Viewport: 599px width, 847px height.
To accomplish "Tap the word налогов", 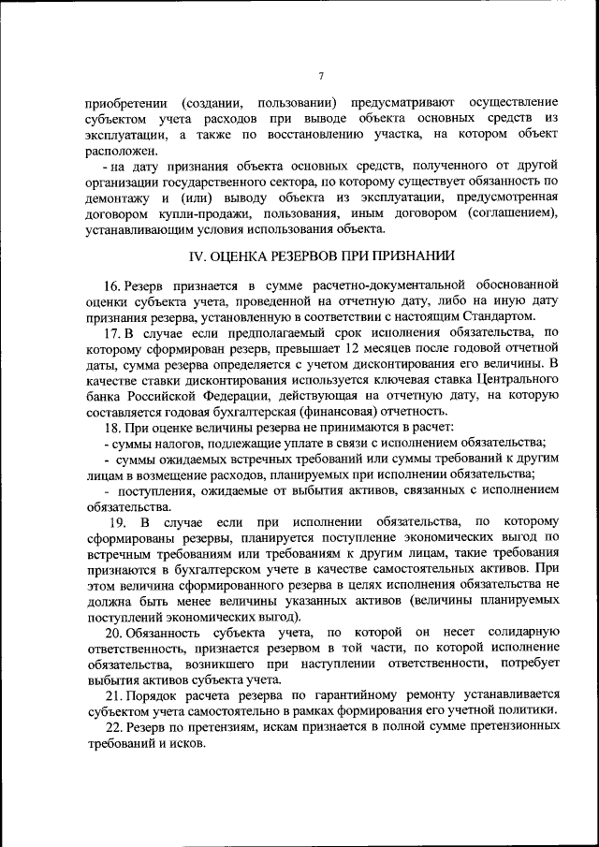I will (x=173, y=443).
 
